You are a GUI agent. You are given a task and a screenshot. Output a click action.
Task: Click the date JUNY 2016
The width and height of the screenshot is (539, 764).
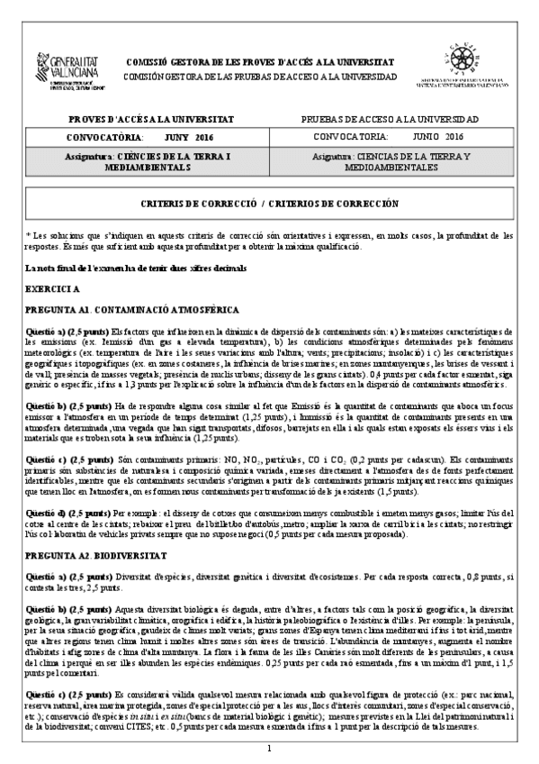[189, 137]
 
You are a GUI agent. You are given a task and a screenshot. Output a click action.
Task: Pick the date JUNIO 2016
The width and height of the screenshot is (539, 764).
[437, 137]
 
